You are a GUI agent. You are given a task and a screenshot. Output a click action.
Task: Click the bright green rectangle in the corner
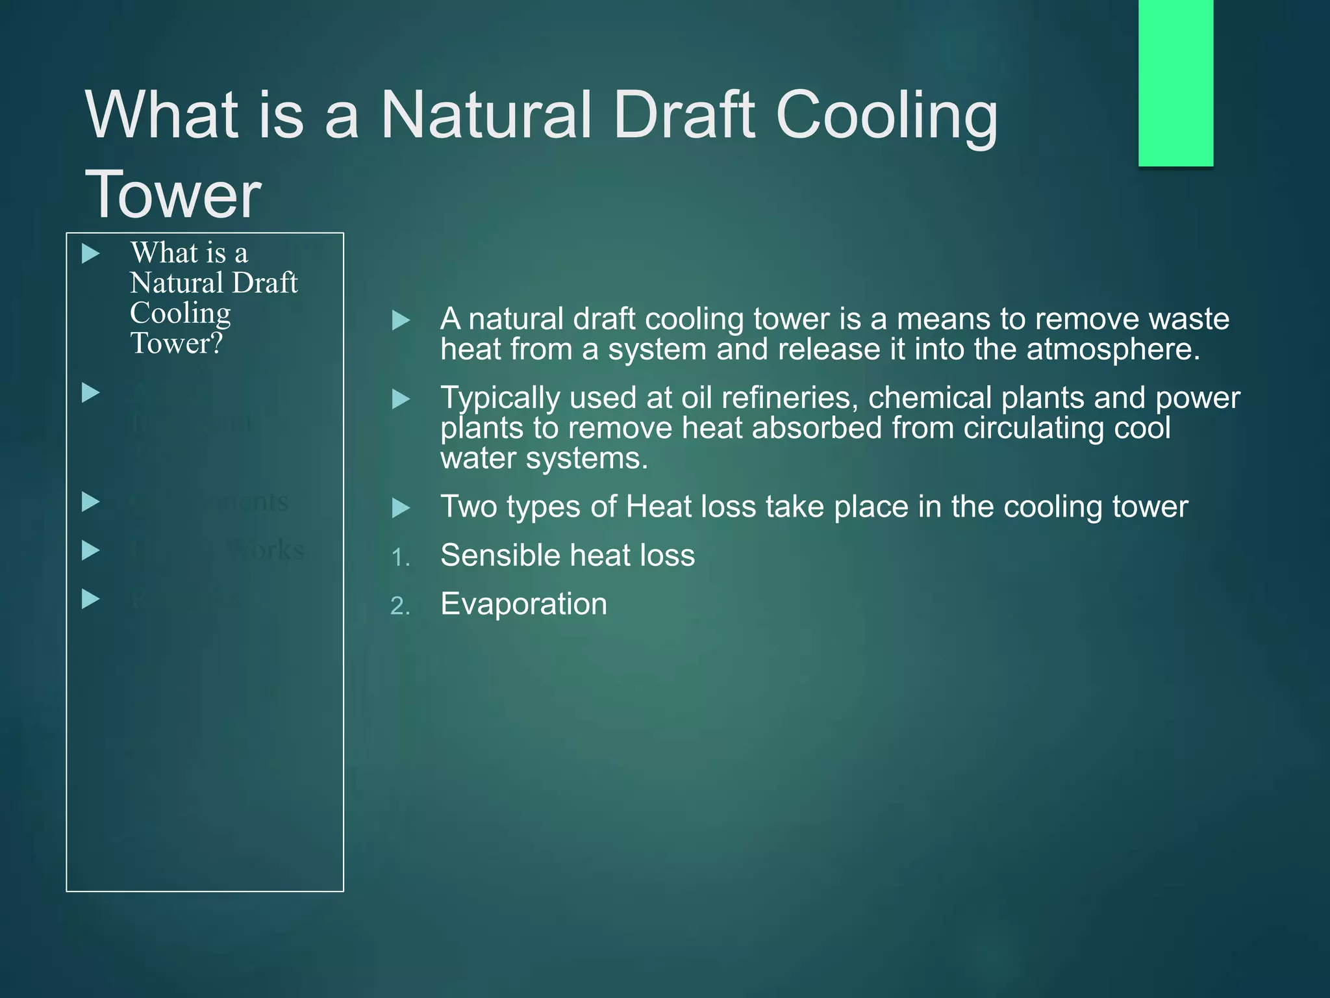pyautogui.click(x=1175, y=83)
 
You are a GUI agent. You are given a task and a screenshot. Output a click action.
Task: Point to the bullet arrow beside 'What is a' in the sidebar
pyautogui.click(x=91, y=253)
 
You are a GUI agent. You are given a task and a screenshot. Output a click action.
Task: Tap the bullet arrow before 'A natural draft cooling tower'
pyautogui.click(x=401, y=320)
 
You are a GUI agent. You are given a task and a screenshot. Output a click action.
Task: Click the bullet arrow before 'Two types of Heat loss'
pyautogui.click(x=401, y=508)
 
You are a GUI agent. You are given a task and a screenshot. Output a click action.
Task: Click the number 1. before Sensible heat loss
pyautogui.click(x=400, y=557)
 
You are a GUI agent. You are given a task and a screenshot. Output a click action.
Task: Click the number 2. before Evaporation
pyautogui.click(x=400, y=606)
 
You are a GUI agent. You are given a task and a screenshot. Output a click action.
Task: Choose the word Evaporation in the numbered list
pyautogui.click(x=523, y=604)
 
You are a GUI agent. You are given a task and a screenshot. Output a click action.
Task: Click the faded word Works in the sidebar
pyautogui.click(x=266, y=550)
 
